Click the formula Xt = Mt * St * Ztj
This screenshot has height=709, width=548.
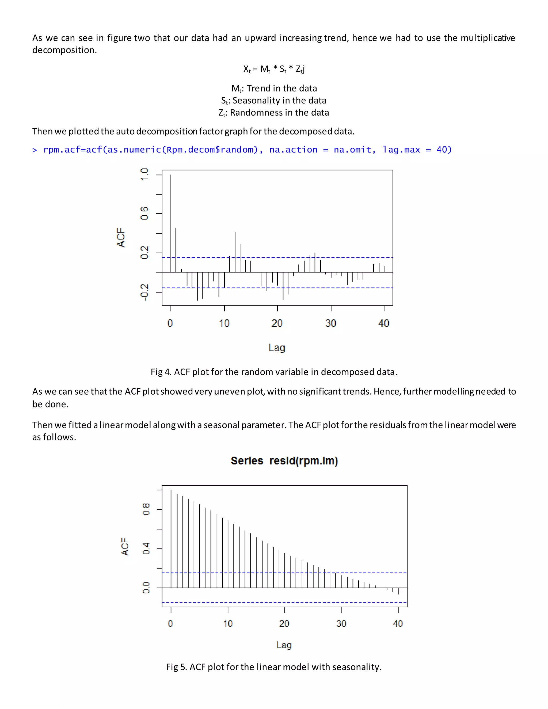(x=274, y=69)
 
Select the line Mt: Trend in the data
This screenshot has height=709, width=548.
(x=274, y=88)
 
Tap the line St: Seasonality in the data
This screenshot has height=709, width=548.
(x=274, y=101)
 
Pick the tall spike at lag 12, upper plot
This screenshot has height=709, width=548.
(x=235, y=252)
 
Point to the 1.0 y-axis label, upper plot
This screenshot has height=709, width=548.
(x=144, y=175)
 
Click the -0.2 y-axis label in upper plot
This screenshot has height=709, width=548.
(x=144, y=292)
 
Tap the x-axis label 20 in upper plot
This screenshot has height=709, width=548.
(x=277, y=323)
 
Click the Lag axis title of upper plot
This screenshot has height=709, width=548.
(x=277, y=348)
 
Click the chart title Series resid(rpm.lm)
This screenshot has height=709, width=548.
(x=284, y=461)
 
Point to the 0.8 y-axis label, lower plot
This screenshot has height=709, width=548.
(x=146, y=509)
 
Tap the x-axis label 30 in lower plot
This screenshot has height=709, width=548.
(x=341, y=624)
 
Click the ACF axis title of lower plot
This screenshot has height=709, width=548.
(x=125, y=546)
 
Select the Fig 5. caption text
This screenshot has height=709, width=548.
(x=274, y=667)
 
